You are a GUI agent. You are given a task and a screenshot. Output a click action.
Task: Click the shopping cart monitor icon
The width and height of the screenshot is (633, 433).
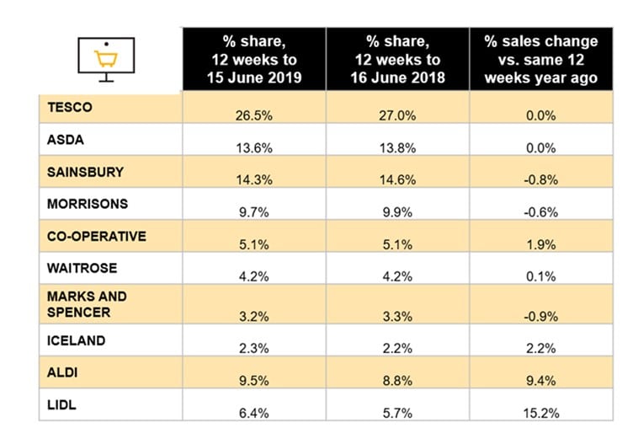[x=107, y=57]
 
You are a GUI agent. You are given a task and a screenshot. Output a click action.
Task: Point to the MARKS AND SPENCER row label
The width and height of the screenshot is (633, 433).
[x=87, y=304]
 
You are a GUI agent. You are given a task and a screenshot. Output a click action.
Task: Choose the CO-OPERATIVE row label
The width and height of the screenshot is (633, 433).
[x=96, y=235]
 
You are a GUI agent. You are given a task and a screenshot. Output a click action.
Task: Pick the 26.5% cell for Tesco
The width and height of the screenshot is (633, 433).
[x=253, y=115]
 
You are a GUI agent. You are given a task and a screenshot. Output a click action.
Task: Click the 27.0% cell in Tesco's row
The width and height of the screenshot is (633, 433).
[x=397, y=115]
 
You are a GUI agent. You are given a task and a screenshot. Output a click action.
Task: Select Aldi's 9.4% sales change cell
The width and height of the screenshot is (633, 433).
[x=541, y=382]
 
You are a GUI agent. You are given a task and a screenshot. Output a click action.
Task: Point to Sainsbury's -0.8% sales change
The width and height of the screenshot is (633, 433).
[x=541, y=179]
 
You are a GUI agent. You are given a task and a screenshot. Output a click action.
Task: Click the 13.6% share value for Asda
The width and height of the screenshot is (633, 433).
[x=253, y=147]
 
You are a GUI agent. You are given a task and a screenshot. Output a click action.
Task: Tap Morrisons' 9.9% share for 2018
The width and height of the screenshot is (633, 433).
[x=397, y=212]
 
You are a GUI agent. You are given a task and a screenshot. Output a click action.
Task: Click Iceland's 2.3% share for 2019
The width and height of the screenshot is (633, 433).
[x=253, y=349]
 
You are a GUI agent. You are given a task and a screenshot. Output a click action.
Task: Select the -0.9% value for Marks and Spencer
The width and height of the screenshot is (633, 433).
[x=541, y=316]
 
